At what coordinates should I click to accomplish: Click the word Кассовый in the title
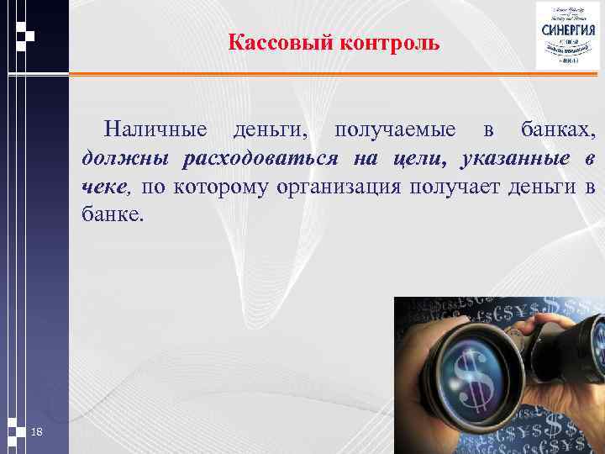(281, 43)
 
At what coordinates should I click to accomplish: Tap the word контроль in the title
(390, 43)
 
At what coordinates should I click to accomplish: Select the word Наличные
(155, 130)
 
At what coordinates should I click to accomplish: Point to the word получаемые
(396, 130)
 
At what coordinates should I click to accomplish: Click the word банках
(558, 130)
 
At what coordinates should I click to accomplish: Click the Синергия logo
(569, 36)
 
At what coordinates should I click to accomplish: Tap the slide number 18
(36, 431)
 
